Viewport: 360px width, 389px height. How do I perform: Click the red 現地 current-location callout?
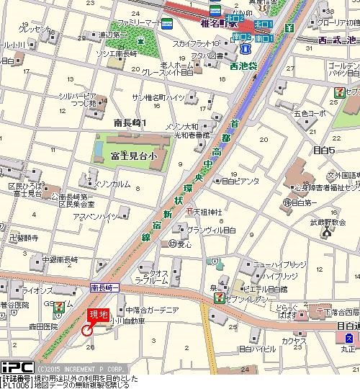point(98,314)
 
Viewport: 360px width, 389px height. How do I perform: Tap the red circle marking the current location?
point(88,331)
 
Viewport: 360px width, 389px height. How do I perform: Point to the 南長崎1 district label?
point(130,123)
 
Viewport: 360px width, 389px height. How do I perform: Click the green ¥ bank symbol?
point(289,28)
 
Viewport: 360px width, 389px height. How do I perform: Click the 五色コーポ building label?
point(309,113)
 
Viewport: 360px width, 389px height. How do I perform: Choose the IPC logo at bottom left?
point(17,367)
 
